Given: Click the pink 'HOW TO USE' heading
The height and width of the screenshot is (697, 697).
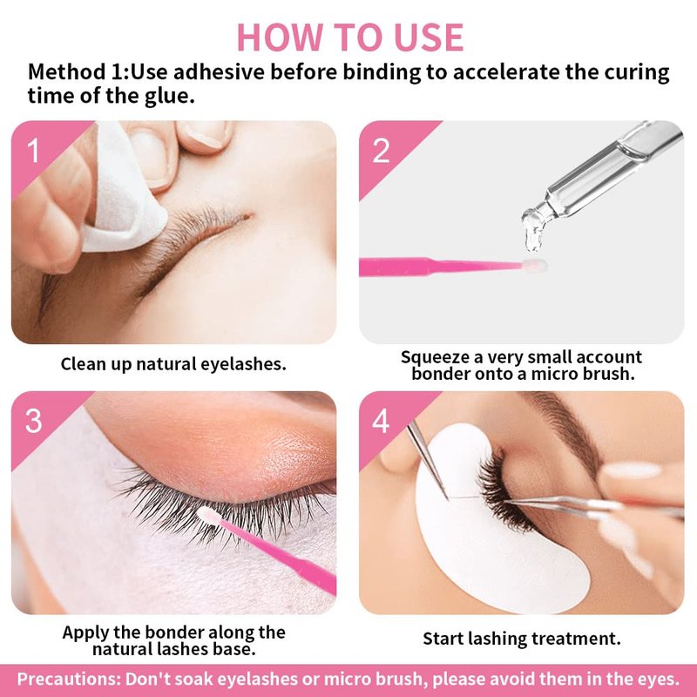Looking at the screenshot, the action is click(x=350, y=37).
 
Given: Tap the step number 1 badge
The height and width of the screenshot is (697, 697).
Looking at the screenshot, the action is click(x=33, y=150).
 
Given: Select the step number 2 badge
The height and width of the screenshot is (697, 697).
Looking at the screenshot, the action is click(x=381, y=150).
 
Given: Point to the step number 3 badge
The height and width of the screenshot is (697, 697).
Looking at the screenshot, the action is click(x=33, y=421).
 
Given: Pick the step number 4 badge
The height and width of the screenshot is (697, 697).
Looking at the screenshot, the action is click(x=381, y=421).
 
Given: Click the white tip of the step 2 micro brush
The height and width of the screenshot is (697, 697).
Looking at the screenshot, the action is click(x=535, y=266).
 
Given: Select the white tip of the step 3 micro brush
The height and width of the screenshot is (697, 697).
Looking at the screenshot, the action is click(x=209, y=516).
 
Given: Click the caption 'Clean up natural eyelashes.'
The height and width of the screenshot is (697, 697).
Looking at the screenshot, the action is click(x=173, y=364).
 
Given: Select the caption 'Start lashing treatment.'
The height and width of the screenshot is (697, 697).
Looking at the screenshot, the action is click(x=521, y=639).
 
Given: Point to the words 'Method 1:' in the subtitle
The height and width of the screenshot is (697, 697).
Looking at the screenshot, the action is click(x=78, y=71).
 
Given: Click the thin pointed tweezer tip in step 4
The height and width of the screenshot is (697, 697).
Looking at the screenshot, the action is click(x=445, y=495).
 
